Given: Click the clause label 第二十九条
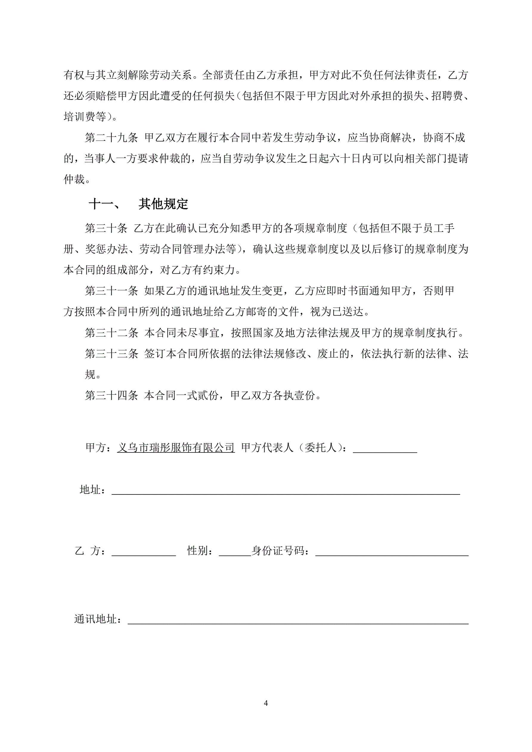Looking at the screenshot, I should (x=111, y=138).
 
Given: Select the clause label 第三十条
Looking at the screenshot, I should (x=106, y=228).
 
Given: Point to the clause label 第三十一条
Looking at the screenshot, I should (x=111, y=291).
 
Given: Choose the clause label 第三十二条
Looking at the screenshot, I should (x=111, y=333).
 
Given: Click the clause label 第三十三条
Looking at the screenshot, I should (x=111, y=354).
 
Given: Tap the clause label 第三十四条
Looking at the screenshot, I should (x=111, y=395).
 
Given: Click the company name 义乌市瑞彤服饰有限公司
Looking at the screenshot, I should (x=176, y=447).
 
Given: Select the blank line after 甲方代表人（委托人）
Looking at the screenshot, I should (x=385, y=449).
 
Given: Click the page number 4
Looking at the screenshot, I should (x=266, y=703).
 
